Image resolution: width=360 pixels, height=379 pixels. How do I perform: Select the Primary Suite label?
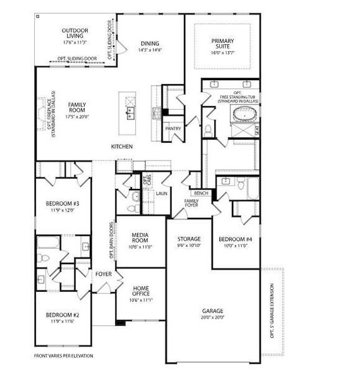coord(223,44)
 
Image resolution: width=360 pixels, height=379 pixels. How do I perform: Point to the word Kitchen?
coord(122,147)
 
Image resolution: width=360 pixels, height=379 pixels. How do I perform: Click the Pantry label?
coord(172,129)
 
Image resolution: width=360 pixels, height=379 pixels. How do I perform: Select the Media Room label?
coord(140,238)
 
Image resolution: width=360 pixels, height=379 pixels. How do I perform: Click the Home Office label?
coord(140,291)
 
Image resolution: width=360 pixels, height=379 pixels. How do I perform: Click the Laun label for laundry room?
coord(162,193)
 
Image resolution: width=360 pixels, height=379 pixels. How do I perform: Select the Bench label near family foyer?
coord(201,193)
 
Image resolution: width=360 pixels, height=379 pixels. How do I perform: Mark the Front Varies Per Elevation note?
coord(63,356)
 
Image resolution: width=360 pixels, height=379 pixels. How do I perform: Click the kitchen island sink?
coord(131,113)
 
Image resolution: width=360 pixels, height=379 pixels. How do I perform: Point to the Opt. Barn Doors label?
coord(112,241)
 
